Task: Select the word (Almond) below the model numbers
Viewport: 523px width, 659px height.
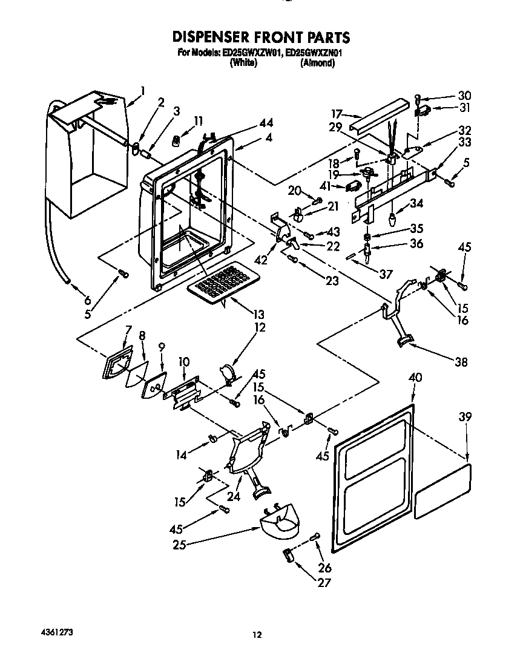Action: pos(317,63)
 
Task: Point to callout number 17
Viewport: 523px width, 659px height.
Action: pos(337,113)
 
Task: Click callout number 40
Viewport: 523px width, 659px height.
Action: pos(415,378)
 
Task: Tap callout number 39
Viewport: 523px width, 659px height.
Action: pos(464,417)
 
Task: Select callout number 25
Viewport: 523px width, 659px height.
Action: pos(179,544)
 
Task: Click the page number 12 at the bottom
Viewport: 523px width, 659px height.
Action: pos(257,634)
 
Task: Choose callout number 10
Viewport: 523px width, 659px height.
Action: pos(185,362)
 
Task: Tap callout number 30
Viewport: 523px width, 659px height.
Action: pos(464,96)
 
